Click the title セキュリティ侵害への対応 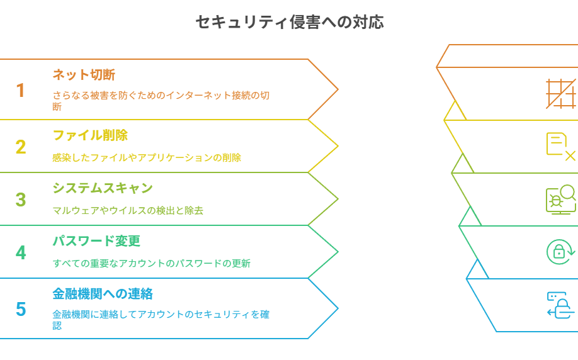(x=290, y=22)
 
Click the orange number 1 (x=21, y=90)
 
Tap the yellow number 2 (x=21, y=147)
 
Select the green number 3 (x=21, y=200)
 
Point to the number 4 (x=21, y=253)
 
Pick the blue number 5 (x=21, y=309)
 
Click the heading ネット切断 (x=84, y=75)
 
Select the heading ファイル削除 (x=90, y=135)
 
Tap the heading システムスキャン (x=103, y=188)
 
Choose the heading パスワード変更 (x=96, y=241)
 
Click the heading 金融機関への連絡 (x=103, y=294)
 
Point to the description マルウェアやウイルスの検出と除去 (x=128, y=210)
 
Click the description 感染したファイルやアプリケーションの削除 (x=146, y=158)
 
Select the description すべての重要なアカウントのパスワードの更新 (x=151, y=264)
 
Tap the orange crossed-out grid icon (x=560, y=94)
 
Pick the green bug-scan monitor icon (x=560, y=200)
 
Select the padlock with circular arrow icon (x=560, y=252)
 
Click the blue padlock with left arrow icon (x=560, y=305)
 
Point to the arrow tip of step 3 (x=338, y=199)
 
